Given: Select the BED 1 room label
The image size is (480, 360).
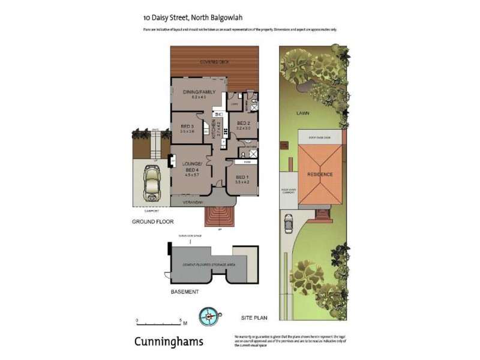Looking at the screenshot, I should [x=241, y=177].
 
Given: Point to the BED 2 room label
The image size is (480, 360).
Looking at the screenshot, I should [x=242, y=123].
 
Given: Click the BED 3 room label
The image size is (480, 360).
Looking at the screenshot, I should [x=187, y=126].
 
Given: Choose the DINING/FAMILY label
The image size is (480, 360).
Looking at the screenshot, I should [x=199, y=92].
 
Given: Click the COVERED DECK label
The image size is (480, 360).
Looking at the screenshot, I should [x=215, y=62].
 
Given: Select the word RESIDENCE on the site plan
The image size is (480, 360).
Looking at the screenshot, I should [x=320, y=174].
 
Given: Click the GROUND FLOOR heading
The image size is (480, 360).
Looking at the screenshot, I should [x=152, y=222].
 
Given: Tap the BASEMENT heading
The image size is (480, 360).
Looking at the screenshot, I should [x=184, y=292].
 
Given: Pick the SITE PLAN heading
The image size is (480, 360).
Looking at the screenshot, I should [x=254, y=316].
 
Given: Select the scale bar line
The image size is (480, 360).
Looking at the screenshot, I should [x=159, y=322].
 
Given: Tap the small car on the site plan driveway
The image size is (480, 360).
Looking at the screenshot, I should [x=288, y=223].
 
